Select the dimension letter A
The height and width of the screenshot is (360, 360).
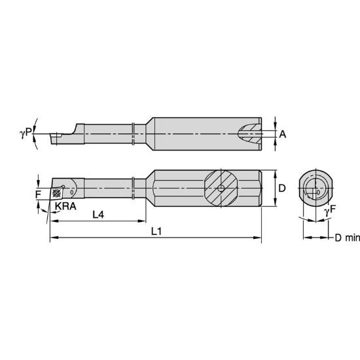pos(282,134)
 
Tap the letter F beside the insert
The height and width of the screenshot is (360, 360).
pos(38,194)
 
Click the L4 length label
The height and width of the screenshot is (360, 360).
pos(98,214)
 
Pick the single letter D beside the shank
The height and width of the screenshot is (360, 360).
pos(282,189)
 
